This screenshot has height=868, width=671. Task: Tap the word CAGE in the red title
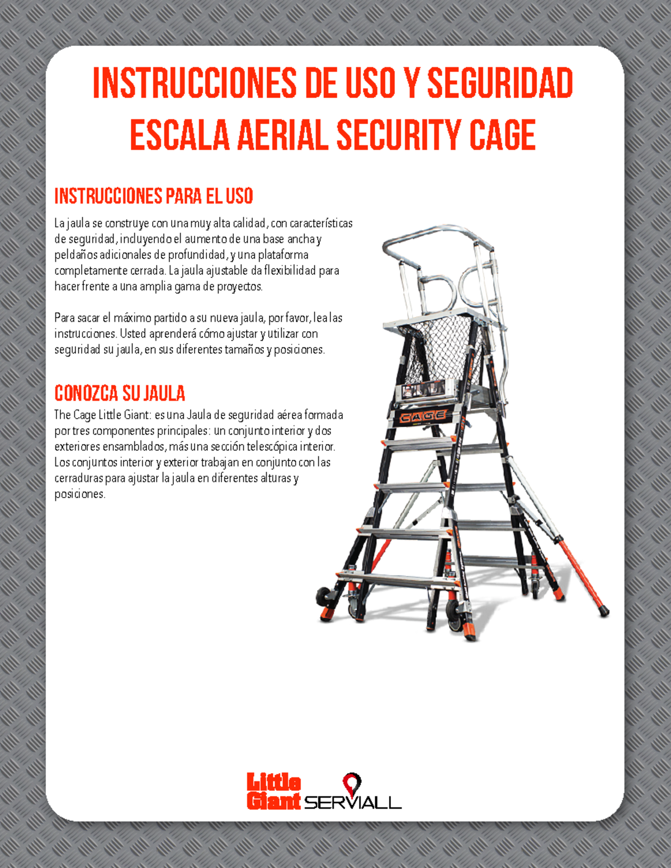point(502,135)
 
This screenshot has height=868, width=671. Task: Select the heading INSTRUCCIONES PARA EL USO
point(154,196)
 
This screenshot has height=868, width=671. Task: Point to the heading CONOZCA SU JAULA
point(120,393)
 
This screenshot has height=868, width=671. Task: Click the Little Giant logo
point(273,791)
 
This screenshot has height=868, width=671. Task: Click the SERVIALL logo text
point(353,803)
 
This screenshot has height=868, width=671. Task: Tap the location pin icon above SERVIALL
point(352,782)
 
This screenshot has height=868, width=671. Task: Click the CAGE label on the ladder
point(423,416)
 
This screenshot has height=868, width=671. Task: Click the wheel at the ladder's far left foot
point(323,596)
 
